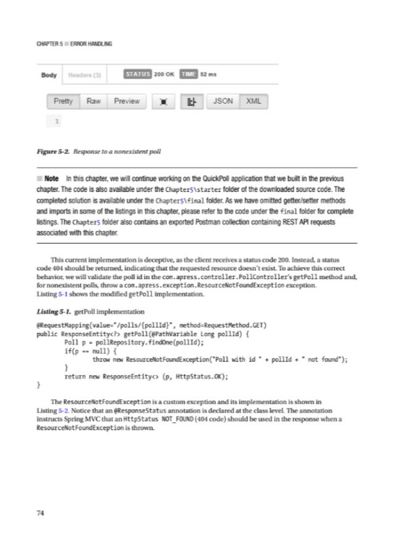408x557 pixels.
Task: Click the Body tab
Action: click(x=49, y=75)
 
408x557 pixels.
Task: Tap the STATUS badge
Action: click(x=137, y=74)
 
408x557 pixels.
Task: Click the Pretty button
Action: click(x=63, y=101)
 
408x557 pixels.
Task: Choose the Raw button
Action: click(x=93, y=101)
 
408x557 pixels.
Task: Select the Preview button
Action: click(x=127, y=101)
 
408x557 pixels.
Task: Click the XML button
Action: click(x=253, y=101)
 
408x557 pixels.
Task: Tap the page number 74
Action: click(x=41, y=512)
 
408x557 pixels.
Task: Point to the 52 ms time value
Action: click(x=208, y=74)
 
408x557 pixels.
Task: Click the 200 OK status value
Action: click(x=164, y=74)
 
